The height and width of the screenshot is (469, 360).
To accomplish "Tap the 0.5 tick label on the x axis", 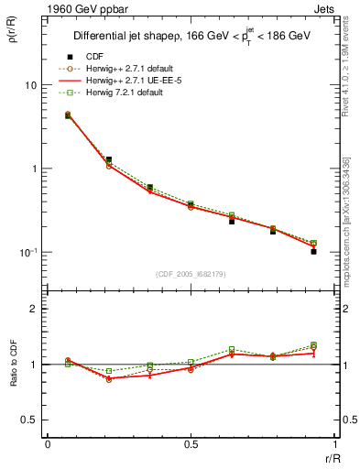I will [x=191, y=445].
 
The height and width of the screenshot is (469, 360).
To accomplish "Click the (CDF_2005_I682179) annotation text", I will [x=190, y=273].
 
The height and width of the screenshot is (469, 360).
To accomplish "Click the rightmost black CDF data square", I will [x=313, y=251].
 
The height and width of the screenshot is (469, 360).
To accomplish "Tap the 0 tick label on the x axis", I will [x=47, y=445].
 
